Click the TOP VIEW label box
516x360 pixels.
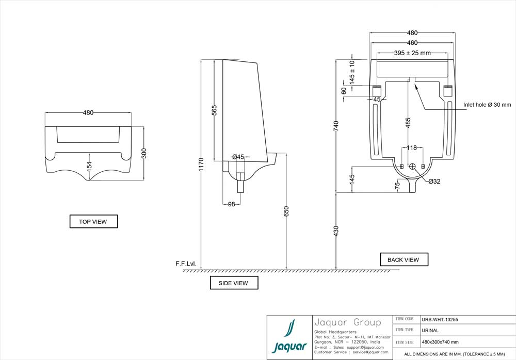pyautogui.click(x=93, y=222)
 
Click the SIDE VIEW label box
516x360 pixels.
pyautogui.click(x=234, y=283)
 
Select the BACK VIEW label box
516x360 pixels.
pyautogui.click(x=404, y=259)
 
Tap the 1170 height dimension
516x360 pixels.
pyautogui.click(x=201, y=164)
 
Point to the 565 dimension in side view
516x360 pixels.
pyautogui.click(x=215, y=110)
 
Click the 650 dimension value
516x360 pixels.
pyautogui.click(x=286, y=211)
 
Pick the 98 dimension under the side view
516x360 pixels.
pyautogui.click(x=231, y=204)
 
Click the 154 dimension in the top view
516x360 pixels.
pyautogui.click(x=89, y=166)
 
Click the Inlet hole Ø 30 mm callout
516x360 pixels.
pyautogui.click(x=487, y=105)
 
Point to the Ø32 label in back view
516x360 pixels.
pyautogui.click(x=434, y=181)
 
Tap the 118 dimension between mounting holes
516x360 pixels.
pyautogui.click(x=411, y=148)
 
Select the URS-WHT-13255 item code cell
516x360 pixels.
pyautogui.click(x=439, y=319)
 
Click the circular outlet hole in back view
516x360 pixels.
pyautogui.click(x=412, y=167)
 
